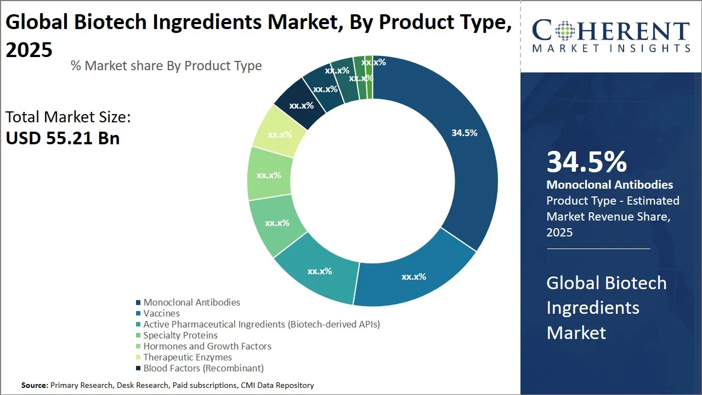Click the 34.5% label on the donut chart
pyautogui.click(x=464, y=133)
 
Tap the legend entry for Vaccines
pyautogui.click(x=161, y=313)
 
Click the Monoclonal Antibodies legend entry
pyautogui.click(x=191, y=302)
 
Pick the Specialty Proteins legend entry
pyautogui.click(x=180, y=335)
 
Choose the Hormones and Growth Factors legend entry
pyautogui.click(x=207, y=346)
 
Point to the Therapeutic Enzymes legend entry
pyautogui.click(x=188, y=357)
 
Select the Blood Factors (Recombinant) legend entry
pyautogui.click(x=203, y=368)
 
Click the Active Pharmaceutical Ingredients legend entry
pyautogui.click(x=262, y=324)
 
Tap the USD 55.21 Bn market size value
pyautogui.click(x=63, y=138)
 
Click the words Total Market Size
pyautogui.click(x=68, y=117)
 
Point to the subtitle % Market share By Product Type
pyautogui.click(x=166, y=66)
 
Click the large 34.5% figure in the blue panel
pyautogui.click(x=586, y=162)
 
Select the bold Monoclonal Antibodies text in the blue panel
pyautogui.click(x=610, y=185)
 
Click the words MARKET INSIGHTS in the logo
pyautogui.click(x=611, y=49)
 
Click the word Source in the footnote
pyautogui.click(x=34, y=385)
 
